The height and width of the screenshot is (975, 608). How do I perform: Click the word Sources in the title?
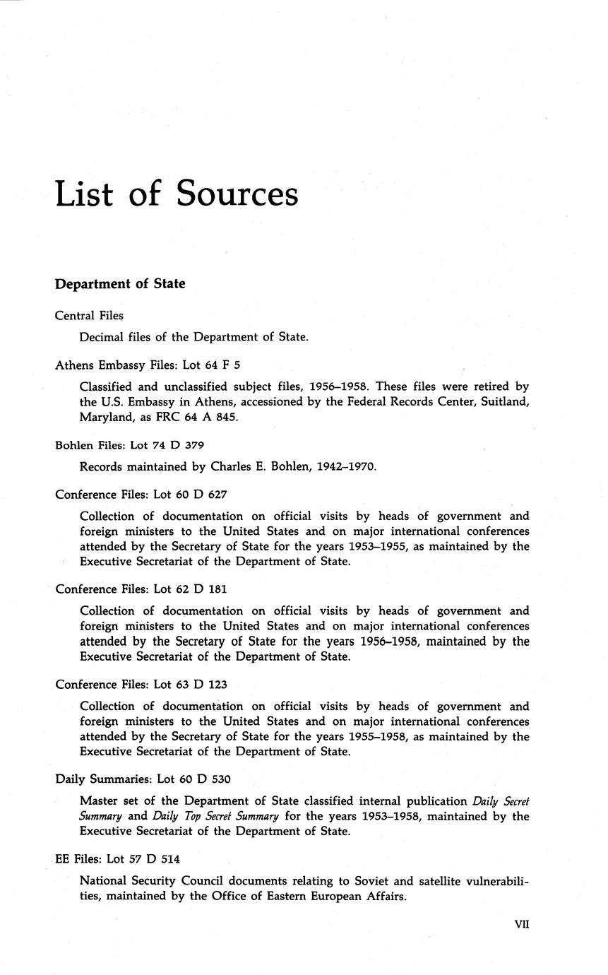click(237, 193)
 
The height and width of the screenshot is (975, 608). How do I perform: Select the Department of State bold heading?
click(120, 284)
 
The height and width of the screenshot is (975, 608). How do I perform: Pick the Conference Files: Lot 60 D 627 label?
click(141, 495)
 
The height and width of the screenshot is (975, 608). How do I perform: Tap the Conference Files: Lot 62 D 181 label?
click(141, 589)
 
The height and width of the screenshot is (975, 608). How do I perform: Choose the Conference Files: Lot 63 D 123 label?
click(141, 685)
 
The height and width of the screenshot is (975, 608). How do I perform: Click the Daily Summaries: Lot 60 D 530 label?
click(143, 779)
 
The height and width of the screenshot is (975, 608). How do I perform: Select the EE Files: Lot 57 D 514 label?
click(117, 859)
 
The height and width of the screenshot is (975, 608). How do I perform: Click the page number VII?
click(522, 924)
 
